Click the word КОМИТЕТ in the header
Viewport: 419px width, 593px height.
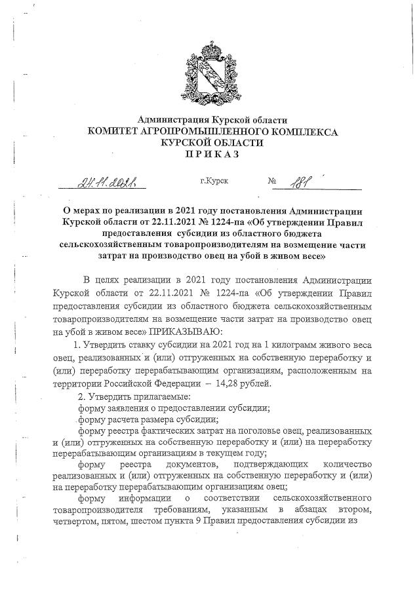coord(113,132)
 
